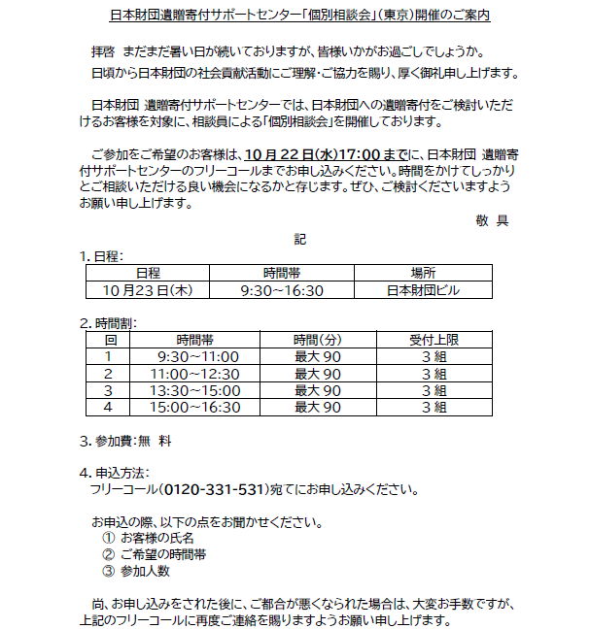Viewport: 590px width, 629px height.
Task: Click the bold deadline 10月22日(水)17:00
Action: pos(310,153)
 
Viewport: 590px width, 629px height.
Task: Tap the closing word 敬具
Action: pos(492,220)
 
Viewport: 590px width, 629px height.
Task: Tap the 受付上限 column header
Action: pos(434,340)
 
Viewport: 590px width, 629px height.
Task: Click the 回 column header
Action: pos(110,340)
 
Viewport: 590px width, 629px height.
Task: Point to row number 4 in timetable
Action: pos(110,407)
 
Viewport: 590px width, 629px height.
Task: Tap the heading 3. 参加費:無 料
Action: pos(126,440)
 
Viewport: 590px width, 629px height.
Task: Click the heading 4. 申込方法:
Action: pos(115,473)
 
